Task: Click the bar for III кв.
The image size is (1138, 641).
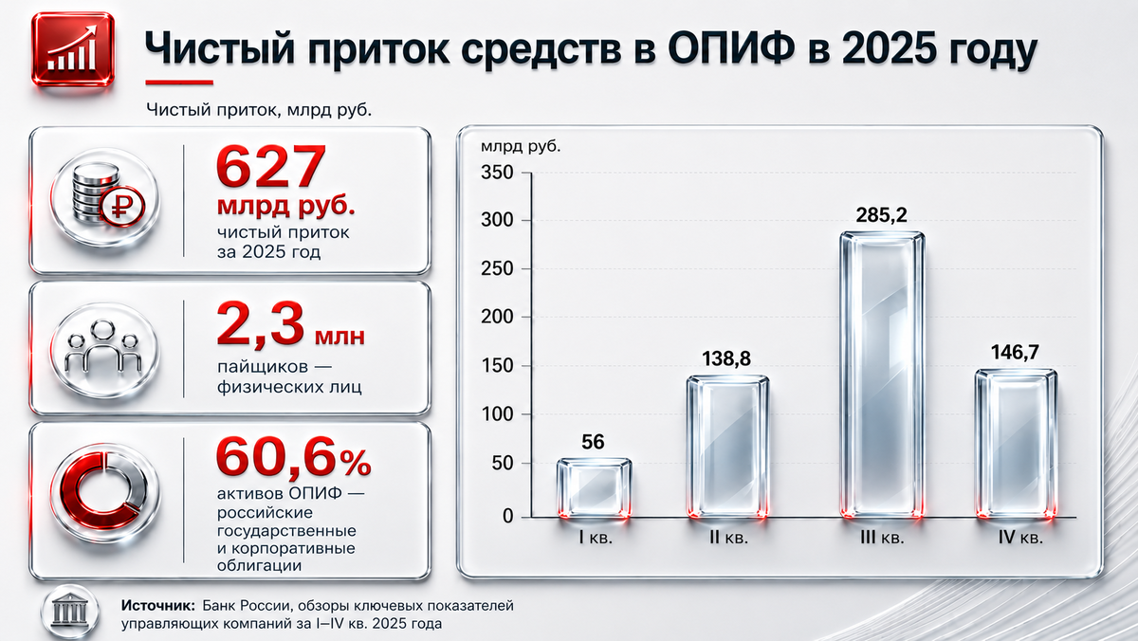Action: (x=881, y=375)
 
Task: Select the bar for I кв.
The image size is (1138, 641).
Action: (x=594, y=488)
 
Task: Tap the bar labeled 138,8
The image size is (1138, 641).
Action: (x=727, y=447)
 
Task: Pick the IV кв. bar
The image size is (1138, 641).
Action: (x=1016, y=444)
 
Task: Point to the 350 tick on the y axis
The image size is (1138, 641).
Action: (x=497, y=173)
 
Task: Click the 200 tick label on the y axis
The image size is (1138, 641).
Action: (x=497, y=317)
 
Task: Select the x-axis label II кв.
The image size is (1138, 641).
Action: (x=729, y=538)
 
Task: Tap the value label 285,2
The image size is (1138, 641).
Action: (x=881, y=215)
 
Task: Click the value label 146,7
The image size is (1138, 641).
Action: (x=1015, y=352)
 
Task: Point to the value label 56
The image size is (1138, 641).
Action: (x=593, y=442)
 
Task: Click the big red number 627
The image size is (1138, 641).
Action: (x=271, y=167)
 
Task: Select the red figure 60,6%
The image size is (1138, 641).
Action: (x=294, y=457)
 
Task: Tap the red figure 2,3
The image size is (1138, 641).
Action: (x=261, y=324)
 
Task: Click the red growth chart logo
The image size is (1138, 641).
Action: (x=73, y=49)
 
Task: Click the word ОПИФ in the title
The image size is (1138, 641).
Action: (x=729, y=48)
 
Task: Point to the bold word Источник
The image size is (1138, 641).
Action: (x=158, y=606)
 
